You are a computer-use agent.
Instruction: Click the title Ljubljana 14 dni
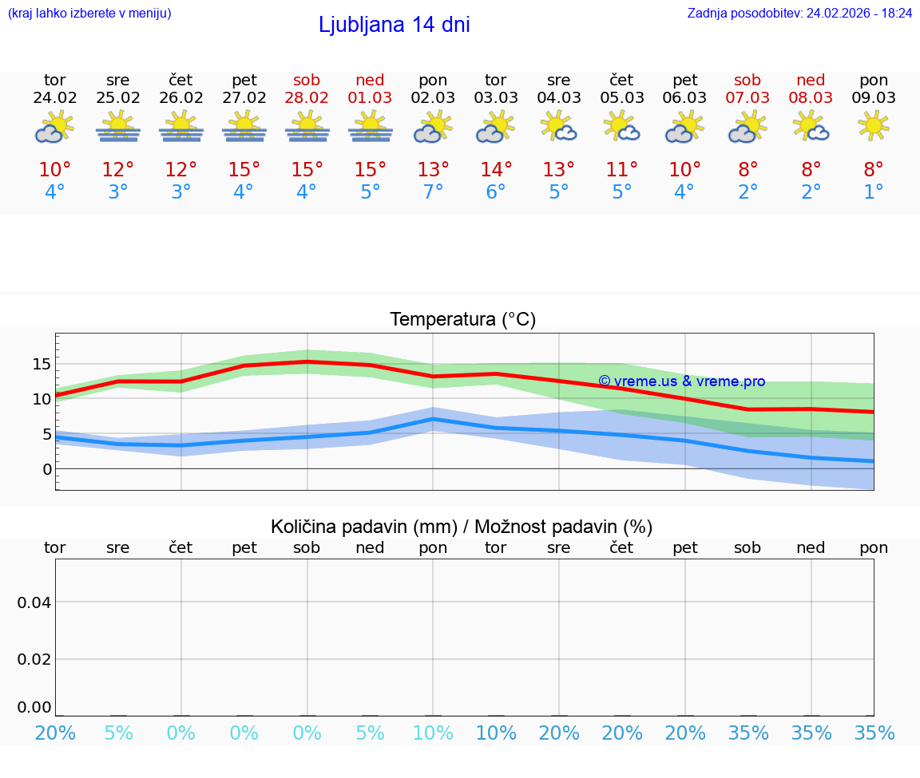pyautogui.click(x=394, y=25)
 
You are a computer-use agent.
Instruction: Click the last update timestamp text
pyautogui.click(x=799, y=14)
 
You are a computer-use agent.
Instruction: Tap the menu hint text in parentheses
pyautogui.click(x=89, y=14)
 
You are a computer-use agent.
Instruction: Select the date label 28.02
pyautogui.click(x=307, y=98)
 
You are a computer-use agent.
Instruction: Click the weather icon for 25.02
pyautogui.click(x=118, y=127)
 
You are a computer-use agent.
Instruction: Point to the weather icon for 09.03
pyautogui.click(x=874, y=125)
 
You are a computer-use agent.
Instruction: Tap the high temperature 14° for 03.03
pyautogui.click(x=496, y=170)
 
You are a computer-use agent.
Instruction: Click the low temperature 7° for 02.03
pyautogui.click(x=433, y=192)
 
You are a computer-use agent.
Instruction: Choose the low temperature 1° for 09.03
pyautogui.click(x=874, y=192)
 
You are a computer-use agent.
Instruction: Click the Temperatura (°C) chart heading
pyautogui.click(x=462, y=320)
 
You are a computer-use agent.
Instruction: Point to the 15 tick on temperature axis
pyautogui.click(x=42, y=364)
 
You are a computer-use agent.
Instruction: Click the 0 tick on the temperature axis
pyautogui.click(x=46, y=468)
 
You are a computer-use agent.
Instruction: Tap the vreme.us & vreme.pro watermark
pyautogui.click(x=681, y=381)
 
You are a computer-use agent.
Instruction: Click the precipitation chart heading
pyautogui.click(x=462, y=527)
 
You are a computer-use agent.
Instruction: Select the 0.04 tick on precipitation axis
pyautogui.click(x=34, y=602)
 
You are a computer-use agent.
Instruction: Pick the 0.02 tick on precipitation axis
pyautogui.click(x=34, y=659)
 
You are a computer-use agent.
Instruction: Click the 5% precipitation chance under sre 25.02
pyautogui.click(x=118, y=733)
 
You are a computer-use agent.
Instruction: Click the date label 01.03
pyautogui.click(x=370, y=98)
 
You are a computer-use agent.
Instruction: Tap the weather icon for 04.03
pyautogui.click(x=559, y=127)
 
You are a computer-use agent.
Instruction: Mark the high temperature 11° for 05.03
pyautogui.click(x=621, y=170)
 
